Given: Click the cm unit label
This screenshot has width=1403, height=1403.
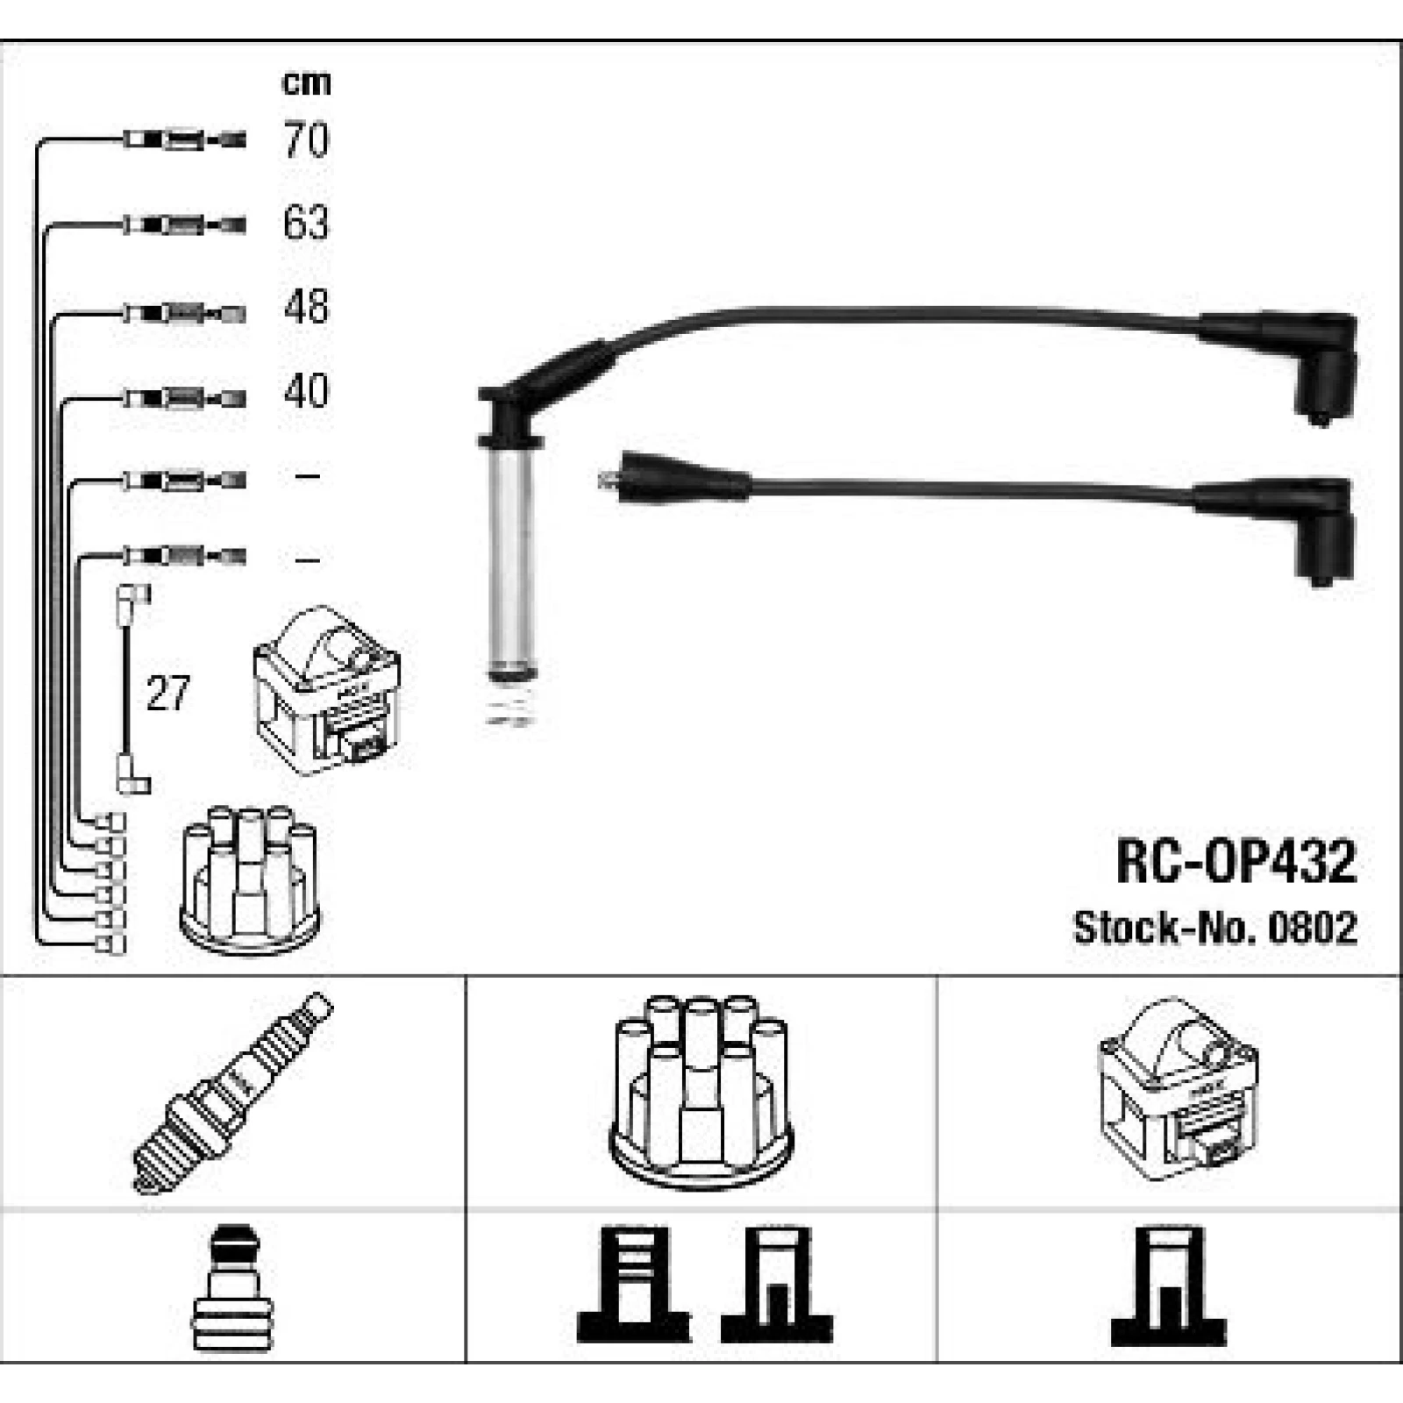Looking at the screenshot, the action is (306, 82).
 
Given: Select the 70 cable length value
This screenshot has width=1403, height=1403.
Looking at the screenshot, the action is (306, 139).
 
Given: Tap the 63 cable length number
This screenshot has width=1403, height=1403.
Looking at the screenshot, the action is (306, 223).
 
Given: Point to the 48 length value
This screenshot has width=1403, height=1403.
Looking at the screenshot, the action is (306, 307).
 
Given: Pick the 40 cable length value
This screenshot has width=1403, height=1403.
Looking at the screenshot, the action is (306, 390).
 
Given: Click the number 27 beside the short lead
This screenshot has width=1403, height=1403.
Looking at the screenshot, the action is (167, 694).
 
